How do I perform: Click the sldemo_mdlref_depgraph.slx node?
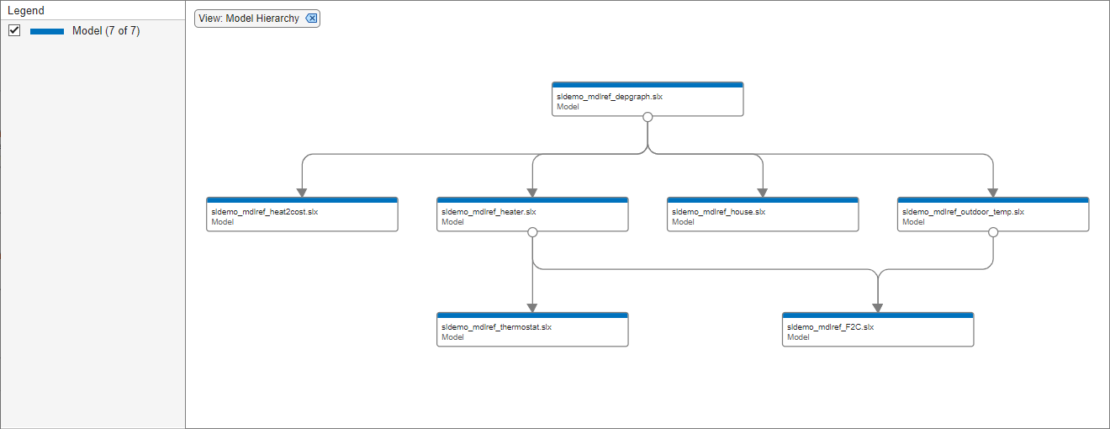click(x=647, y=100)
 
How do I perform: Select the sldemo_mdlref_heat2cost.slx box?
click(x=302, y=215)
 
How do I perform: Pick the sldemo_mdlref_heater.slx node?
click(x=532, y=215)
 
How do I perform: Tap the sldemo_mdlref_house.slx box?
click(x=763, y=215)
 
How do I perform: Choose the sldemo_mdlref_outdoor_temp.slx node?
click(x=993, y=215)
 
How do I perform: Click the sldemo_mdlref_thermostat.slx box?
click(x=532, y=331)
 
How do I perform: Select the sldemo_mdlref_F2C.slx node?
click(x=878, y=331)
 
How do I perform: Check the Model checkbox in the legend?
click(x=14, y=31)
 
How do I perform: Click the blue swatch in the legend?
click(x=47, y=31)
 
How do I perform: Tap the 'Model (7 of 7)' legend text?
click(x=106, y=31)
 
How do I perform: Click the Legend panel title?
click(x=26, y=11)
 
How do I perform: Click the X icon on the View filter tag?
click(x=311, y=19)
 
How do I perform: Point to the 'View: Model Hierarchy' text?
click(x=249, y=19)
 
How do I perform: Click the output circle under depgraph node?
click(x=647, y=118)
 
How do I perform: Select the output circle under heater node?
click(x=532, y=233)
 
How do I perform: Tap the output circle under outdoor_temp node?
click(x=993, y=233)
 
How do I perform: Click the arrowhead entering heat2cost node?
click(x=302, y=192)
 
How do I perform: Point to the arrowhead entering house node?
click(x=763, y=192)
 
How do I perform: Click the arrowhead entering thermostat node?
click(x=532, y=307)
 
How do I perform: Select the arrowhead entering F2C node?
click(x=878, y=307)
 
